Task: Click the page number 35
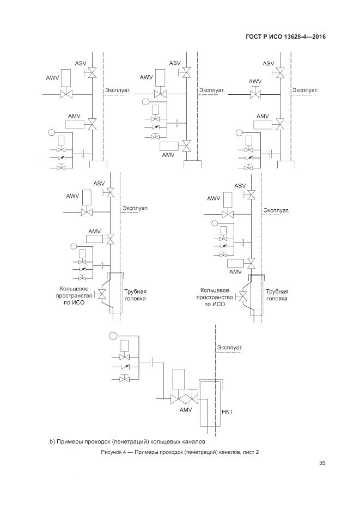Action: [x=322, y=464]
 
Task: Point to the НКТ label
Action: [x=227, y=412]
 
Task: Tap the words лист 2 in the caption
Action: [x=249, y=452]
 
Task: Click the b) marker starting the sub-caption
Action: [x=46, y=440]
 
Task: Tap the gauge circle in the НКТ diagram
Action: [x=113, y=335]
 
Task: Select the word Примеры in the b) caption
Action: [x=65, y=440]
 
